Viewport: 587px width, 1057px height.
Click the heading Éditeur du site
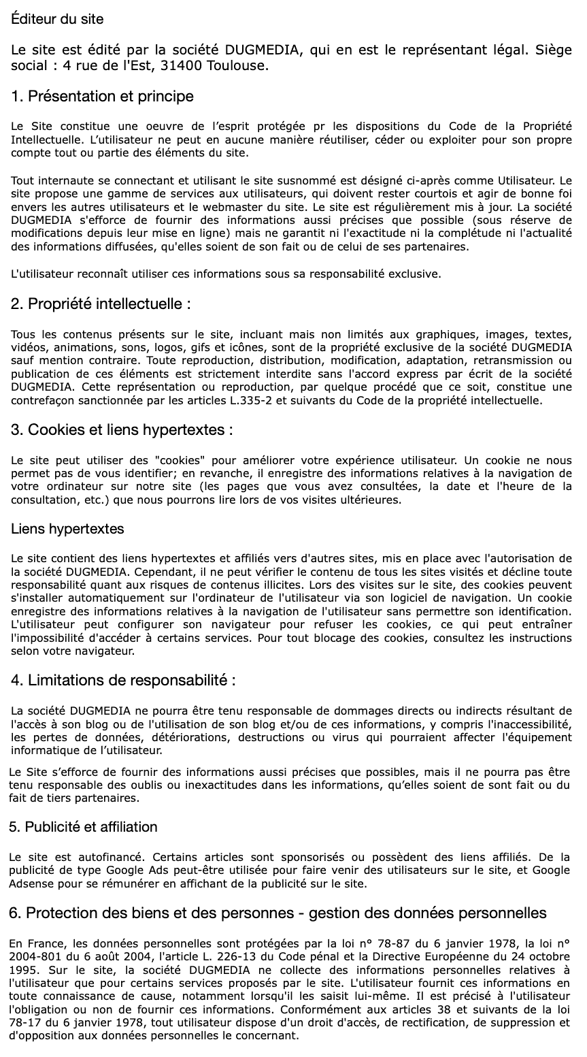tap(58, 19)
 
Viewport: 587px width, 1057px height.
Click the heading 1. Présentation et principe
tap(103, 97)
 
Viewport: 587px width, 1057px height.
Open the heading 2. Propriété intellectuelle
tap(101, 304)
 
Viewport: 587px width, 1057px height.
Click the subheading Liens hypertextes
tap(68, 529)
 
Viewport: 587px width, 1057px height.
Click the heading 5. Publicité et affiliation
tap(83, 827)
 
